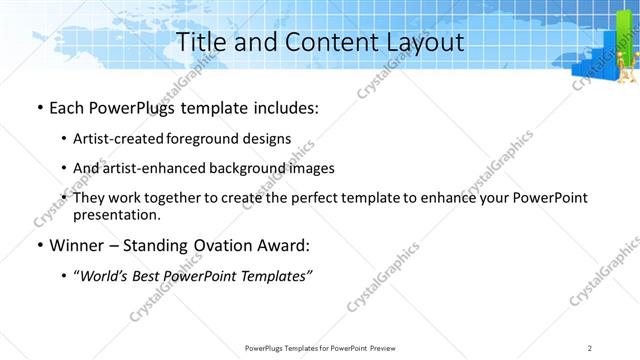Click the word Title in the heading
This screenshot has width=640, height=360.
click(x=200, y=42)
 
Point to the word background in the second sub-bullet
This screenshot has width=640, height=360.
click(x=243, y=169)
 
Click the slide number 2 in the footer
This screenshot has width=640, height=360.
click(x=590, y=348)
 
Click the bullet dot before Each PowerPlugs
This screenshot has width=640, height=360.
click(x=39, y=108)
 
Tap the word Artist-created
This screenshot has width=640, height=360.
click(x=110, y=139)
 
